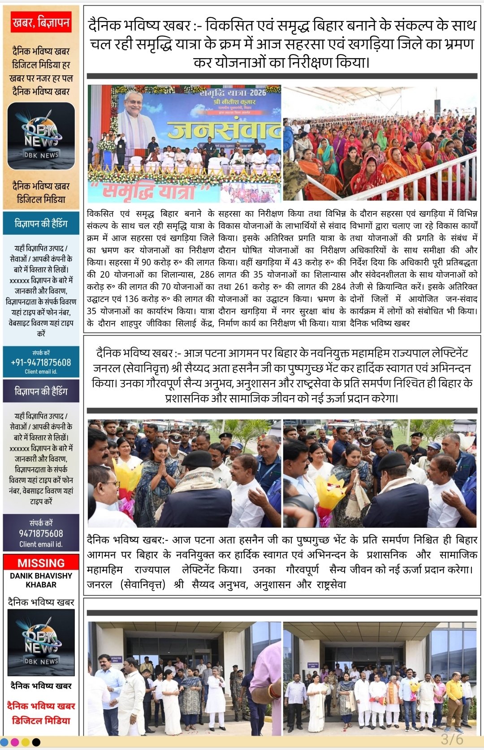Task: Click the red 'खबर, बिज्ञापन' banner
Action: pyautogui.click(x=41, y=22)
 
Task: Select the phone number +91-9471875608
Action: pyautogui.click(x=41, y=362)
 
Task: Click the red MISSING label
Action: pyautogui.click(x=41, y=563)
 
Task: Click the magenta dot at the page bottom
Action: pyautogui.click(x=15, y=742)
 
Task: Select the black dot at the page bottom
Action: pyautogui.click(x=36, y=742)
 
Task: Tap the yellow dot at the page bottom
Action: pyautogui.click(x=26, y=742)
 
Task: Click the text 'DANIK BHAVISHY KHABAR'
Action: pyautogui.click(x=41, y=580)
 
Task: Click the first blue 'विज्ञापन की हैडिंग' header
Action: pyautogui.click(x=41, y=223)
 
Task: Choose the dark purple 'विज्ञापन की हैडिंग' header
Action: pyautogui.click(x=41, y=392)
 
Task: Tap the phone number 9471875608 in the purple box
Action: pyautogui.click(x=41, y=533)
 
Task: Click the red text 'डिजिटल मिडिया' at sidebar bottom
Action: pyautogui.click(x=41, y=720)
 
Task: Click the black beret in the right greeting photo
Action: pyautogui.click(x=392, y=461)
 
